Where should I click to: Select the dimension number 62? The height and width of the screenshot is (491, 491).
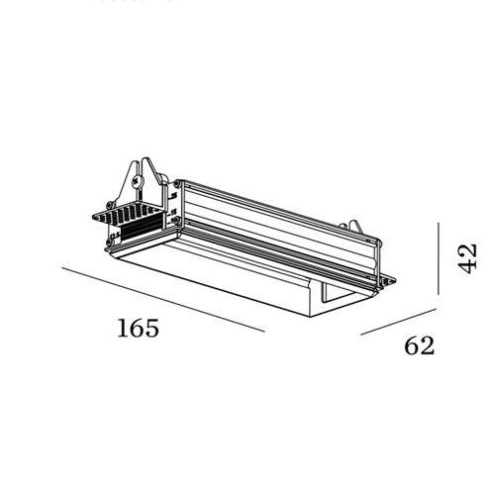[420, 345]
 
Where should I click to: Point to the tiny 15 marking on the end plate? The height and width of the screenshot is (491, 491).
[173, 212]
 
